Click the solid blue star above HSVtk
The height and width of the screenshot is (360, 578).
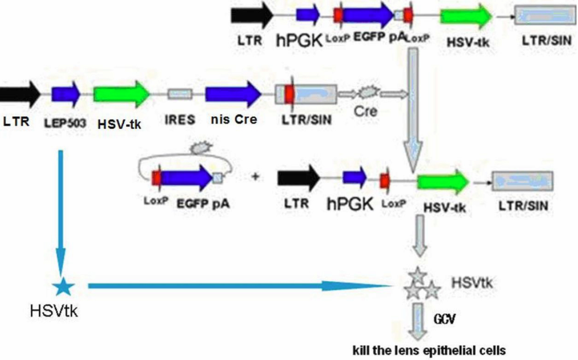tap(63, 286)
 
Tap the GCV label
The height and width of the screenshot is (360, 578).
tap(445, 319)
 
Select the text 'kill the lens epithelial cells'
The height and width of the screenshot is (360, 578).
tap(429, 350)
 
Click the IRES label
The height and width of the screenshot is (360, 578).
tap(179, 120)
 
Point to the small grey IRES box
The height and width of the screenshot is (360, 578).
tap(180, 94)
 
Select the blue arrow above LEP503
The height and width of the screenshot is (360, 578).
tap(65, 94)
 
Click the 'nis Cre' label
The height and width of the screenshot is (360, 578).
tap(234, 120)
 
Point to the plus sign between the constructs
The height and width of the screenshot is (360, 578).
tap(255, 176)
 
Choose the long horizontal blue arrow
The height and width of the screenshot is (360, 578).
tap(240, 285)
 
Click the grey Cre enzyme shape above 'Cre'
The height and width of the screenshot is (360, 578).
tap(366, 93)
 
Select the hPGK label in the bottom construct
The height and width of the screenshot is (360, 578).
tap(350, 203)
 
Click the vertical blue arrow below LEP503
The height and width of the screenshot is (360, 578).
tap(61, 211)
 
